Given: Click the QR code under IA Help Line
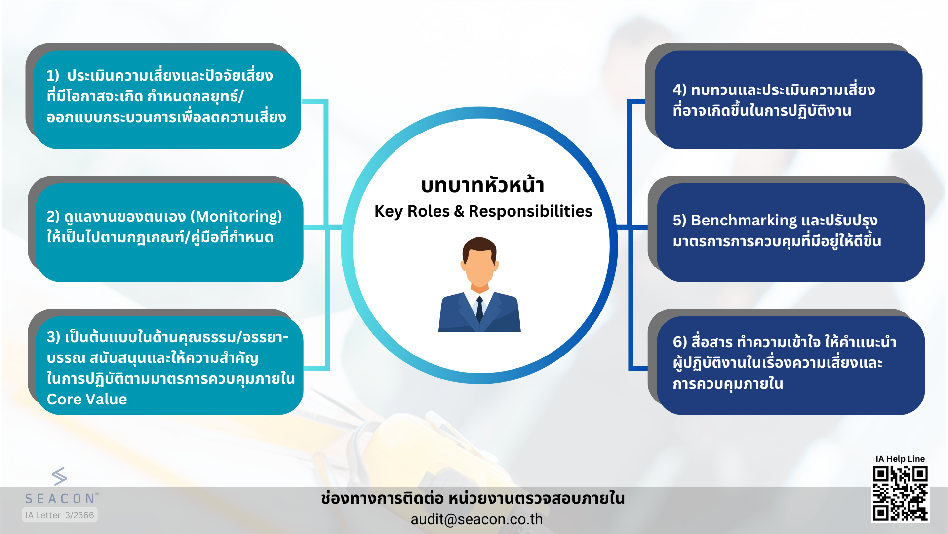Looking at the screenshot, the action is coord(900,493).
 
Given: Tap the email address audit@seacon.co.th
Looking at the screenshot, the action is coord(476,519).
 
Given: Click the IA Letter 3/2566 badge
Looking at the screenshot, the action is coord(60,515).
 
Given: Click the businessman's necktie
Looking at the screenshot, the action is coord(479,310).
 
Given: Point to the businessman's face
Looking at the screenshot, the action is coord(479,267).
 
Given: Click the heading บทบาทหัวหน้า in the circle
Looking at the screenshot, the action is coord(482,186).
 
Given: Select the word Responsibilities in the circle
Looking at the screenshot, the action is coord(530,211).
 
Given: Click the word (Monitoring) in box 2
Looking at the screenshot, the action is coord(236,217).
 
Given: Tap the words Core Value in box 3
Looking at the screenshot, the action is coord(87,399).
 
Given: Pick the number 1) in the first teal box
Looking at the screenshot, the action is coord(52,75).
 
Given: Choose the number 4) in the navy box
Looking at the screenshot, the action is coord(679,90).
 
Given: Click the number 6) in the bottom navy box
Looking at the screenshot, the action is coord(680,342).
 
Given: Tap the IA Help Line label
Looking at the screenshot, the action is coord(900,459).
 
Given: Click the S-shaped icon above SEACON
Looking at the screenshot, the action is coord(59,476).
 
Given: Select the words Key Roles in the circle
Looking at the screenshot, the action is coord(412,211).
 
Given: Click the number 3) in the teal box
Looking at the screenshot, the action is coord(53,337).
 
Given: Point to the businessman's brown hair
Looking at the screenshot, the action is coord(479,247).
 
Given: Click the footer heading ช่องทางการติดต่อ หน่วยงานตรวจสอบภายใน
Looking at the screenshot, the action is coord(473,498).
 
